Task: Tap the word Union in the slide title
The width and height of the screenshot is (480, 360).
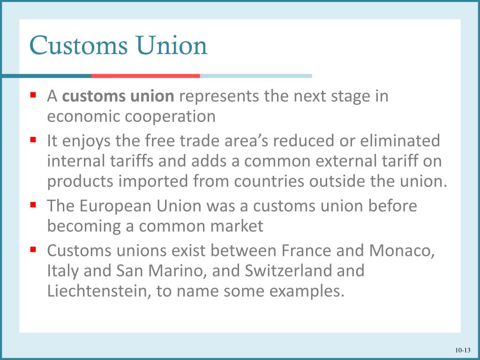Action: [x=172, y=46]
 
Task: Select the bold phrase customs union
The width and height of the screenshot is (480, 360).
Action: [x=118, y=97]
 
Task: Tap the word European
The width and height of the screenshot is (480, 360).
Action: [x=116, y=206]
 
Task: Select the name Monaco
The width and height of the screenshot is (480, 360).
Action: [x=402, y=251]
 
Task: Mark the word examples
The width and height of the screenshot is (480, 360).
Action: [x=306, y=292]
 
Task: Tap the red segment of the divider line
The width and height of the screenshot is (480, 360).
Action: [x=145, y=75]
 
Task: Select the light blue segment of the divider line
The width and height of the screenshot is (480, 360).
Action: [x=255, y=75]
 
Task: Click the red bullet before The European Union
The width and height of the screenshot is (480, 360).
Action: [x=33, y=204]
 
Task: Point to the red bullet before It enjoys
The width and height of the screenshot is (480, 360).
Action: [x=33, y=139]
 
